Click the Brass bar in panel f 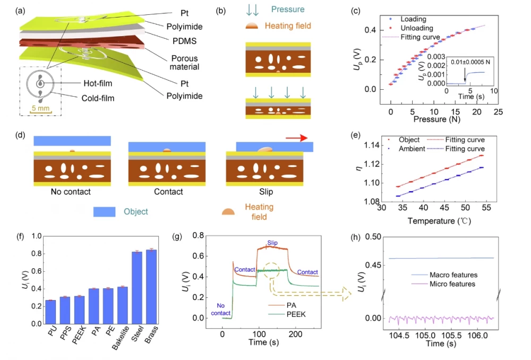coord(151,287)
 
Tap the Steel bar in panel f coord(137,287)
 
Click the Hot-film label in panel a coord(99,83)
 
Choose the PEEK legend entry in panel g coord(297,314)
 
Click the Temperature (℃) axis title coord(440,219)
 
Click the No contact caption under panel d coord(72,192)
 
